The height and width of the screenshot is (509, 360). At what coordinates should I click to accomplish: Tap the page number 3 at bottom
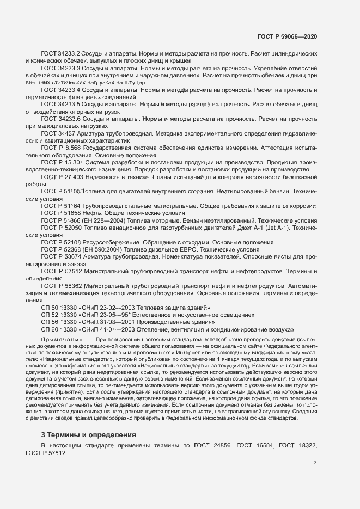315,463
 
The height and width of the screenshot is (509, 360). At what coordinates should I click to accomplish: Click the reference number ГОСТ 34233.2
60,54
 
